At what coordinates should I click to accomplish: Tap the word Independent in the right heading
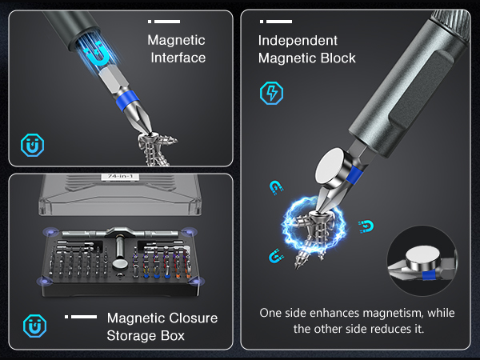297,41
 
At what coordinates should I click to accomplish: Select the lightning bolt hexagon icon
272,93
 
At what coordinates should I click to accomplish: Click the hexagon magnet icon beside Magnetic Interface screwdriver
32,145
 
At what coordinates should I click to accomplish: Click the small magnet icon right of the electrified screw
366,225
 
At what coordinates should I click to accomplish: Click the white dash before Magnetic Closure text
81,318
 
